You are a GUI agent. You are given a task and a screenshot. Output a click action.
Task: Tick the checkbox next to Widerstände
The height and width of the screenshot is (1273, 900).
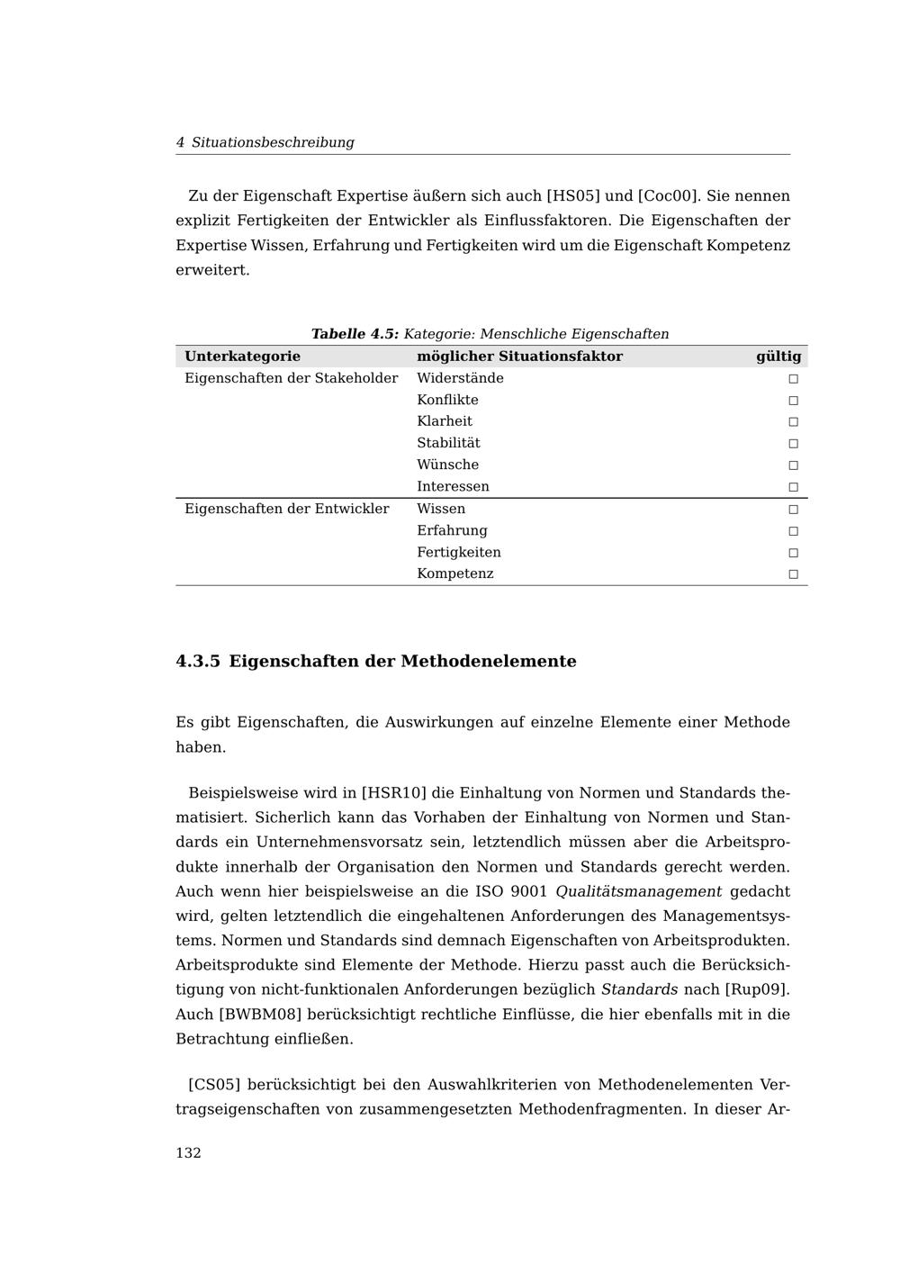(x=793, y=379)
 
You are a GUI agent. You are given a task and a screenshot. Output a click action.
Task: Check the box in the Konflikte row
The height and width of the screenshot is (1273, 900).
(x=793, y=401)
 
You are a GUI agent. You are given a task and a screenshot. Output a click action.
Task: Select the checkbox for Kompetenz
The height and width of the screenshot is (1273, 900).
(x=793, y=574)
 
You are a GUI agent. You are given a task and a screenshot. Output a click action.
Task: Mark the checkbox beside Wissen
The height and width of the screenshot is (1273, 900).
(x=793, y=510)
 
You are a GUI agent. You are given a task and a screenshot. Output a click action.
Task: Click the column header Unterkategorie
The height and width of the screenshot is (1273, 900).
(x=242, y=357)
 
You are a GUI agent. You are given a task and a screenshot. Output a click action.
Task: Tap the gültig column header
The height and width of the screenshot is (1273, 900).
(x=778, y=357)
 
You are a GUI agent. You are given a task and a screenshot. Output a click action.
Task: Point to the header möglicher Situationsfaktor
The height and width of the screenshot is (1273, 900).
(x=519, y=357)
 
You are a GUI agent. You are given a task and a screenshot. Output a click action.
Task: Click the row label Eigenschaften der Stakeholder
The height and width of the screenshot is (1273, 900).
(x=291, y=378)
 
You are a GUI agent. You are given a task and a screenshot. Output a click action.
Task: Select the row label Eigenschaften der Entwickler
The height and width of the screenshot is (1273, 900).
(x=286, y=509)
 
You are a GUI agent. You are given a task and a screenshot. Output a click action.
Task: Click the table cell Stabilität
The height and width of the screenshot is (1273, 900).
(x=448, y=443)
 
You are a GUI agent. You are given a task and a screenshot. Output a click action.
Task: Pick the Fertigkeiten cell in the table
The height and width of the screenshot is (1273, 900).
(x=458, y=552)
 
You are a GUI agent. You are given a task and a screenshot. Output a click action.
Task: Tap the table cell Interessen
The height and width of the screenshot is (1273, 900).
(x=453, y=486)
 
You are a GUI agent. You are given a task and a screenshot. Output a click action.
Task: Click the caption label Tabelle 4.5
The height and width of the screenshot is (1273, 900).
(x=355, y=334)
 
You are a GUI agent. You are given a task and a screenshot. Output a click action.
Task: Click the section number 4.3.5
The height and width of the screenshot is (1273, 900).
(x=198, y=662)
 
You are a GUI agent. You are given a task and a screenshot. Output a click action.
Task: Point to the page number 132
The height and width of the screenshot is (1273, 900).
(x=188, y=1153)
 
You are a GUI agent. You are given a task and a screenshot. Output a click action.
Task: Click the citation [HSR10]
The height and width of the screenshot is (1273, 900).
(x=393, y=793)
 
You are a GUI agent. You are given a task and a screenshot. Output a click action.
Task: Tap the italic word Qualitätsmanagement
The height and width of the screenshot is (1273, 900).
(x=638, y=892)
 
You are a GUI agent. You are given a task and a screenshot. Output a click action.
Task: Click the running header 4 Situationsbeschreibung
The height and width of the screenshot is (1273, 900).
(x=265, y=142)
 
